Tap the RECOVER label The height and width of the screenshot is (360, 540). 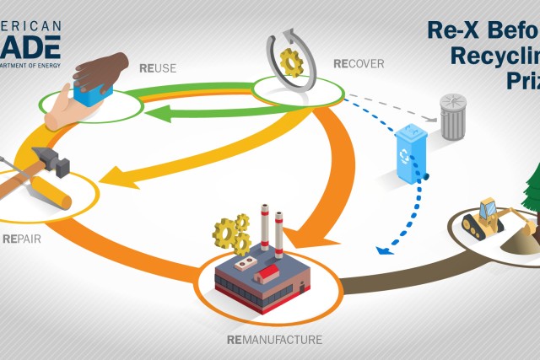[359, 63]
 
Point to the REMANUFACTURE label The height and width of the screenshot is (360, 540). [274, 341]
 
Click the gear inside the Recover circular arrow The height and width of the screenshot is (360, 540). [291, 62]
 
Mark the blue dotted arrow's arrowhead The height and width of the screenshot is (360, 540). [381, 250]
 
